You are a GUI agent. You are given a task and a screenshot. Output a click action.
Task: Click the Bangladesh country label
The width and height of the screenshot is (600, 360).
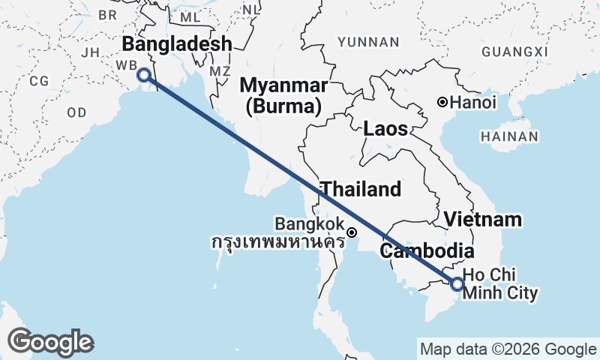tap(177, 43)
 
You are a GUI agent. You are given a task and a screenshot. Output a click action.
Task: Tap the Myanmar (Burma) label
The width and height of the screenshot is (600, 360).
tap(283, 95)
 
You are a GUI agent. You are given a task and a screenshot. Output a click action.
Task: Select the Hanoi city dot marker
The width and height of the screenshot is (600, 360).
tap(443, 102)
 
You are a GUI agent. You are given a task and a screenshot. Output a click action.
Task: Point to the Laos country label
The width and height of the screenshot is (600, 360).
tap(385, 129)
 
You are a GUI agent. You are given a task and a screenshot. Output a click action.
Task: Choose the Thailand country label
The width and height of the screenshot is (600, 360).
tap(361, 189)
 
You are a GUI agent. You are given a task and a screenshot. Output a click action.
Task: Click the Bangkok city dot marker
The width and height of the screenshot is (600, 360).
tap(351, 232)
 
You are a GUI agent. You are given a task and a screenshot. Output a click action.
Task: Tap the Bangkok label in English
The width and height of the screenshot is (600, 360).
tap(309, 224)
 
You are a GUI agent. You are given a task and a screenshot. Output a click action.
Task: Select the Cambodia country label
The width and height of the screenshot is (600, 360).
tap(427, 251)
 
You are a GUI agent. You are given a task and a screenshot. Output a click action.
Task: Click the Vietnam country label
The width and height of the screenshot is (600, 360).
tap(482, 220)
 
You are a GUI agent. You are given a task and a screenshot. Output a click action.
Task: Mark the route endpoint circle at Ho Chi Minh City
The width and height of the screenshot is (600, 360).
tap(457, 283)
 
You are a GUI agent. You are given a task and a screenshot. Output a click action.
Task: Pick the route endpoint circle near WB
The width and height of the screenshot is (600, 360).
tap(142, 74)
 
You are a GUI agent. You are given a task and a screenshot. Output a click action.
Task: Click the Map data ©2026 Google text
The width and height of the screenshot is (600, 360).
tap(508, 349)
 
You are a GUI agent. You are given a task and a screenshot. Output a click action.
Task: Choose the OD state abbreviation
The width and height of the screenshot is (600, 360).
tap(76, 112)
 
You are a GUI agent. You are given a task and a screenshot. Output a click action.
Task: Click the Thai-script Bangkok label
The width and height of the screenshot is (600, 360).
tap(277, 242)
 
